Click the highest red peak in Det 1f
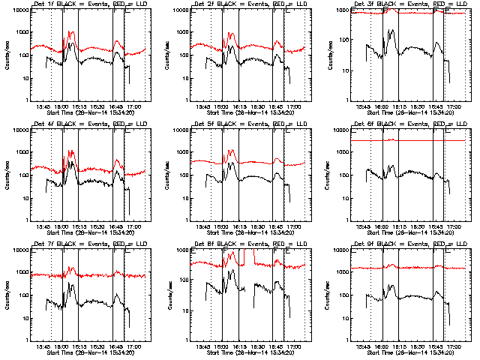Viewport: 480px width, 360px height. click(73, 32)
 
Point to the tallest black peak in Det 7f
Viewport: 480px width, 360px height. click(72, 283)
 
